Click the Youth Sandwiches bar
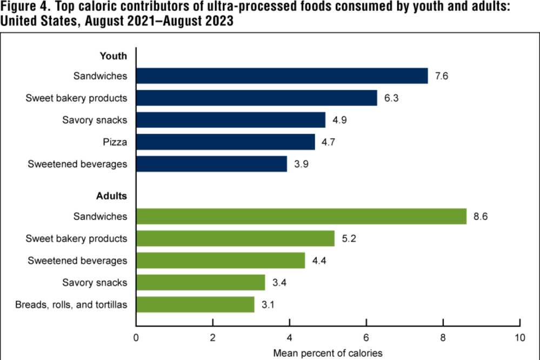[282, 76]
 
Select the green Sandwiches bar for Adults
[301, 216]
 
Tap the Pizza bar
[225, 142]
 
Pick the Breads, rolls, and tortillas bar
[195, 304]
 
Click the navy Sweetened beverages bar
[211, 164]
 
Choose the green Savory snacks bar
[201, 282]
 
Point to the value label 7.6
[442, 76]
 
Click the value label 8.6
[480, 216]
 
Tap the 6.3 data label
[391, 98]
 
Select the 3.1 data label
[268, 304]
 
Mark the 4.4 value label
[318, 261]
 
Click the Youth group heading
[113, 56]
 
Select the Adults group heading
[111, 195]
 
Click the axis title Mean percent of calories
[328, 353]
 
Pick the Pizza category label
[115, 142]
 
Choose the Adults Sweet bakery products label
[76, 238]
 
